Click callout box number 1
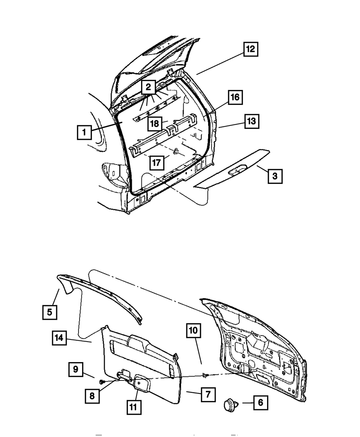(84, 132)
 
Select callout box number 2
(148, 87)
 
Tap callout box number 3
(275, 176)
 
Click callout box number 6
(260, 402)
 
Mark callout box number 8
(93, 396)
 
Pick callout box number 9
(76, 370)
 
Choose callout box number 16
(235, 97)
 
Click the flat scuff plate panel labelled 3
(234, 169)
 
